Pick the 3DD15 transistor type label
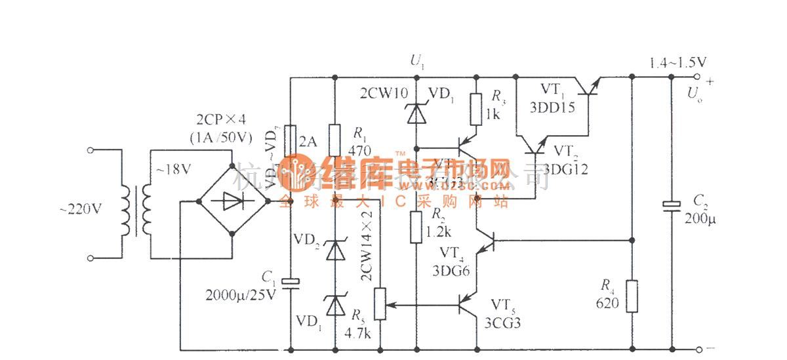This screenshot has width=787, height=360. coord(557,107)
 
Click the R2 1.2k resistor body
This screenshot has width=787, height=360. coord(416,227)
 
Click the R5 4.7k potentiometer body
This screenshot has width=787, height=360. coord(379,306)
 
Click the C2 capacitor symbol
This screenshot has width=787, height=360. coord(671,207)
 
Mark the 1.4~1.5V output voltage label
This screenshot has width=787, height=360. coord(678,63)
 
